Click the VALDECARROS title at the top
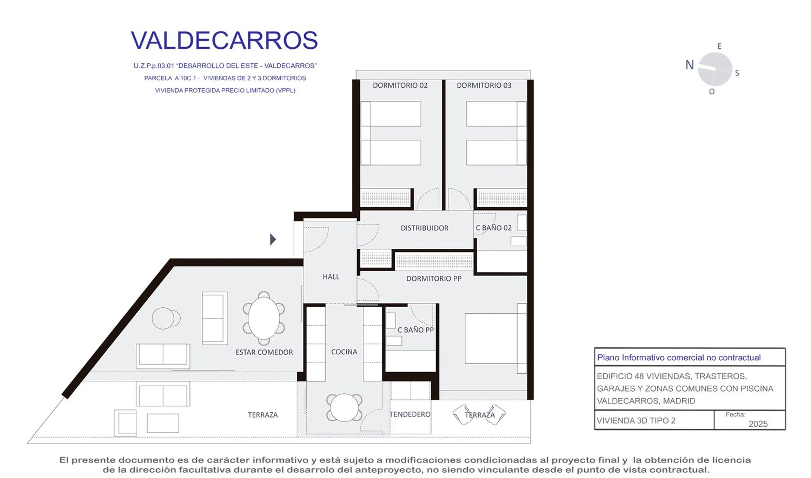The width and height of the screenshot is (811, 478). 224,40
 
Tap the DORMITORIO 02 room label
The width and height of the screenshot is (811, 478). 400,85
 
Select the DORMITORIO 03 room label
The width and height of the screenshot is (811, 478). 484,85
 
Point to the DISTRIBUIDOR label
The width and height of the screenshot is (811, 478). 424,228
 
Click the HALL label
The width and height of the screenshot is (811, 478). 331,277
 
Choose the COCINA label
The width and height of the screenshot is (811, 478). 344,352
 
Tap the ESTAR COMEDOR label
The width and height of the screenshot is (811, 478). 264,352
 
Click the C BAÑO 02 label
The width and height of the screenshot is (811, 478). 493,228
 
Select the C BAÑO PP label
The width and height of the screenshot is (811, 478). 416,330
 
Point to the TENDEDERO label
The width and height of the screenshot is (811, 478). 410,415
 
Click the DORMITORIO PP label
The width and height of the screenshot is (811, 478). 433,279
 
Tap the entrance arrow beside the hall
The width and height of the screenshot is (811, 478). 273,239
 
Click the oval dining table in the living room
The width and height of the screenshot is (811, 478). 264,318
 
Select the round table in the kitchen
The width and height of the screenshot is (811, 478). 344,408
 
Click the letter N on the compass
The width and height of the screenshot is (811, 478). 689,65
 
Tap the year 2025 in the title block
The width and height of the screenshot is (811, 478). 758,424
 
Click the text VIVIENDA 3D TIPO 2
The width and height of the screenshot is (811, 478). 636,421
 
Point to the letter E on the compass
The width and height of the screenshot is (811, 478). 719,47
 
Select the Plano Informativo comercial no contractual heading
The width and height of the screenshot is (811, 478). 679,358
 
